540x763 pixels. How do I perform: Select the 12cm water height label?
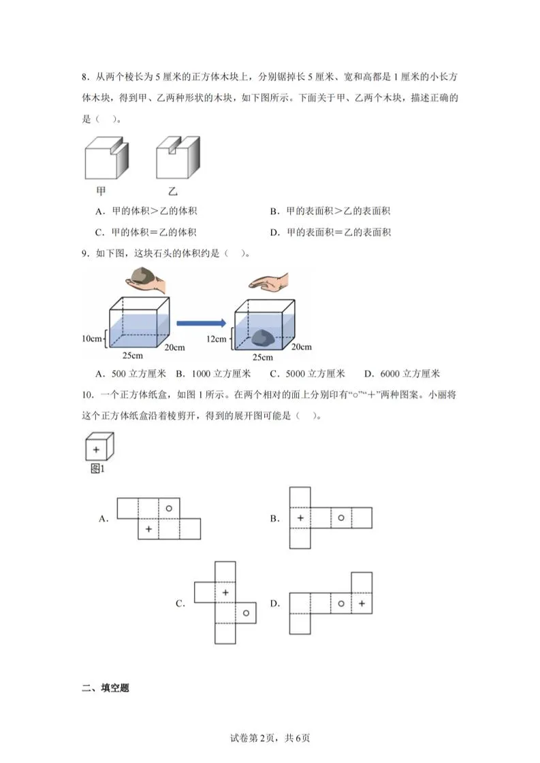pos(217,339)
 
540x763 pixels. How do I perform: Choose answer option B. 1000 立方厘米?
pos(213,373)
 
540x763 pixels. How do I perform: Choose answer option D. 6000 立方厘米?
pos(402,373)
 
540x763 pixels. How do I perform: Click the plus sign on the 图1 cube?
pos(96,450)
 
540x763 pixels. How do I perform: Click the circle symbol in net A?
pos(169,507)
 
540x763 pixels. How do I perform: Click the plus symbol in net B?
pos(300,518)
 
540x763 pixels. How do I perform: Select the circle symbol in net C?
pos(246,613)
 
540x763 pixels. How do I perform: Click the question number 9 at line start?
pos(84,254)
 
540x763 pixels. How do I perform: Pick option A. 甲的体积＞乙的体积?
pos(146,211)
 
